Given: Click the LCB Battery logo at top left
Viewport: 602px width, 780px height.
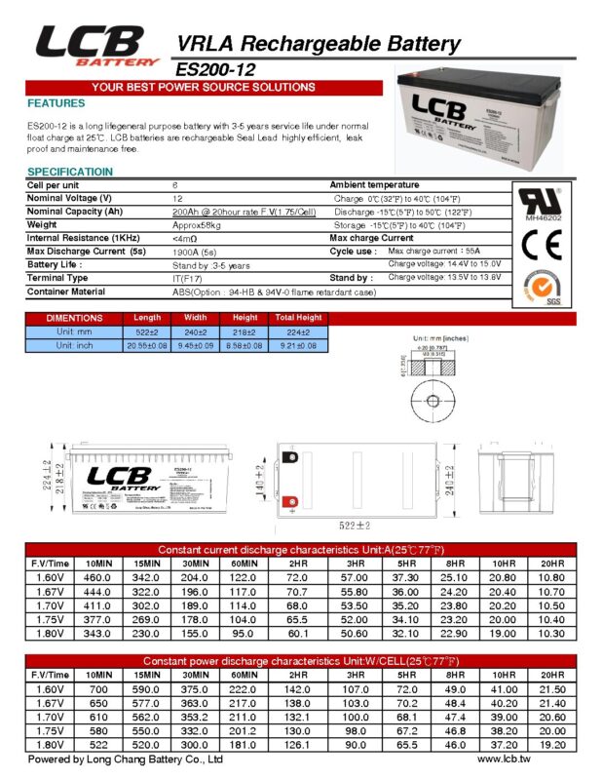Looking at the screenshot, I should pyautogui.click(x=96, y=46).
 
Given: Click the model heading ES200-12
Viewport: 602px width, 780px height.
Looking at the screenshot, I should pyautogui.click(x=218, y=70).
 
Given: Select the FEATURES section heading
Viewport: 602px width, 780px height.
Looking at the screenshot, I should pyautogui.click(x=56, y=103).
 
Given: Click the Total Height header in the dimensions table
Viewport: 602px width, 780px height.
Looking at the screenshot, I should pyautogui.click(x=298, y=318).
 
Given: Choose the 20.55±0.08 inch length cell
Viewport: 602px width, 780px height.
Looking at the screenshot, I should pyautogui.click(x=147, y=346).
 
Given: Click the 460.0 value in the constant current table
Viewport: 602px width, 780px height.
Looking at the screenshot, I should pyautogui.click(x=98, y=578).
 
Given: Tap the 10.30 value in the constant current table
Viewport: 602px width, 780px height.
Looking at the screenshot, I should pyautogui.click(x=551, y=633).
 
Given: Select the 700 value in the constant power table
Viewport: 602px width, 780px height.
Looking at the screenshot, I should pyautogui.click(x=98, y=689).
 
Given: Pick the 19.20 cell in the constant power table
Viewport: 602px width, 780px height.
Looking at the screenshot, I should pyautogui.click(x=551, y=744).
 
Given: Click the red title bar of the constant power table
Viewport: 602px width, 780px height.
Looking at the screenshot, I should pyautogui.click(x=300, y=661).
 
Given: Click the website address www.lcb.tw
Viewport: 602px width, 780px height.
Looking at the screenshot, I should pyautogui.click(x=504, y=759).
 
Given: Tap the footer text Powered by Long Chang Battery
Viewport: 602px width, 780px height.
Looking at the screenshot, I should pyautogui.click(x=126, y=759).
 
